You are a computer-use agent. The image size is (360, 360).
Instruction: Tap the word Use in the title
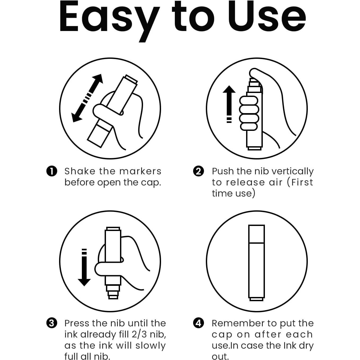[267, 17]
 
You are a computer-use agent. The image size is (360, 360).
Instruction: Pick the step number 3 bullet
[52, 323]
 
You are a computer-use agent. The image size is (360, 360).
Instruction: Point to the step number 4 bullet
[198, 323]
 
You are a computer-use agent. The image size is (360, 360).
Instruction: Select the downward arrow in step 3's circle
[84, 267]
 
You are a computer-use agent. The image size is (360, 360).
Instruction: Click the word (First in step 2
[300, 182]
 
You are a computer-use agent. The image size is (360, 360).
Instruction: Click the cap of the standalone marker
[256, 234]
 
